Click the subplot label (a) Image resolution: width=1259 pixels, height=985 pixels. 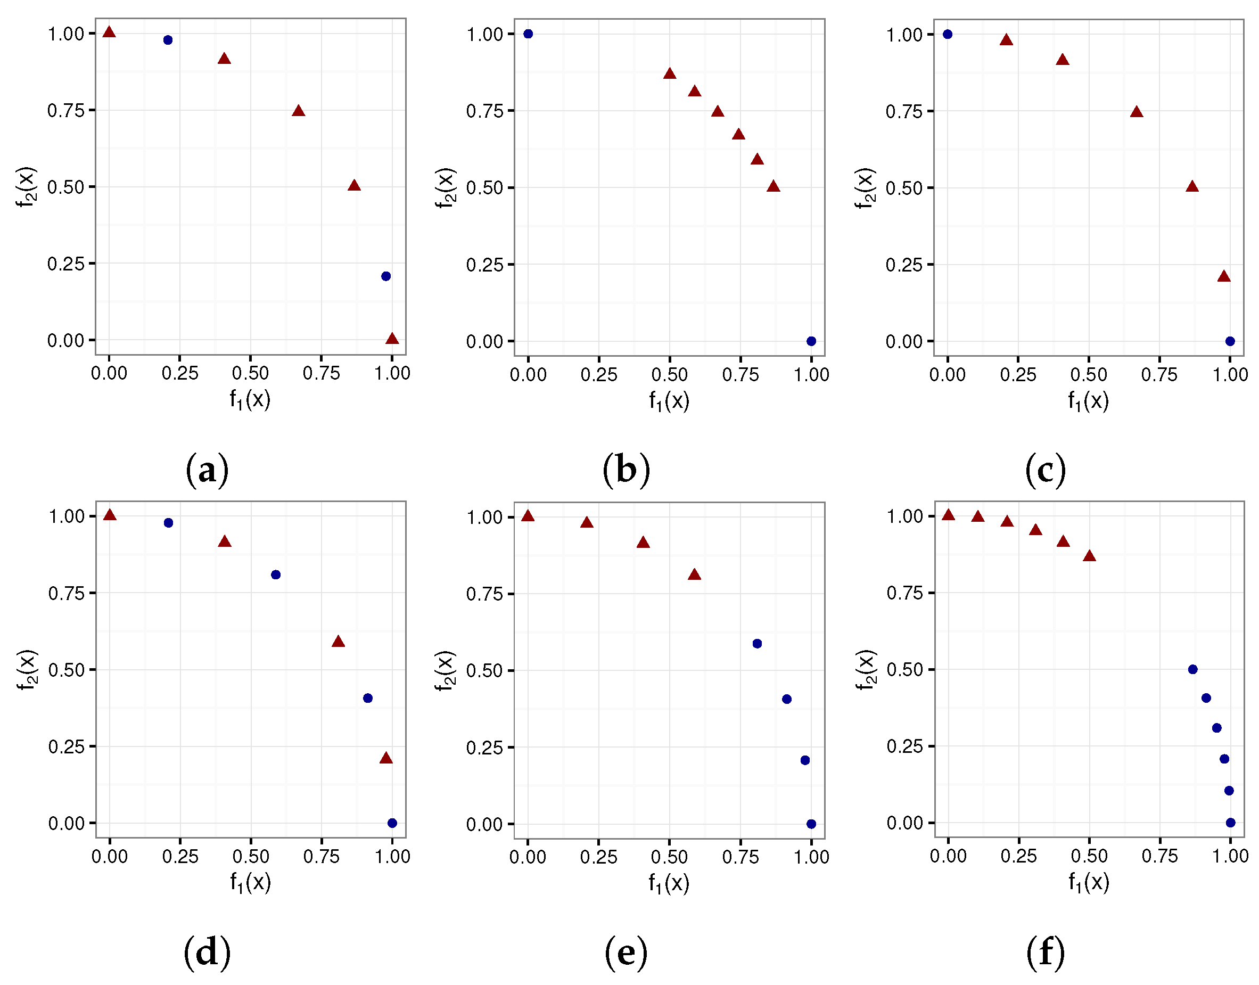(x=207, y=470)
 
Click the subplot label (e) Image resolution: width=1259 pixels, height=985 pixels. (x=626, y=952)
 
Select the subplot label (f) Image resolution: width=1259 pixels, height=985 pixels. (x=1044, y=952)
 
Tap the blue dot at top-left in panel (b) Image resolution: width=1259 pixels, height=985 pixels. (x=528, y=34)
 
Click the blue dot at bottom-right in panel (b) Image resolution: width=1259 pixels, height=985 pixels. (x=811, y=341)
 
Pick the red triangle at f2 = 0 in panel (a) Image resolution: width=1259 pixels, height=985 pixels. (x=392, y=339)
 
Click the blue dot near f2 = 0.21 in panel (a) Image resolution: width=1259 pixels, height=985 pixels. (x=386, y=276)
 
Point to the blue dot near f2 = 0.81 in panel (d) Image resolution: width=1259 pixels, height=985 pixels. (x=276, y=575)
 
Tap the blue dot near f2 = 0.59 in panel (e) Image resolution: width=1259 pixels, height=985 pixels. (x=758, y=644)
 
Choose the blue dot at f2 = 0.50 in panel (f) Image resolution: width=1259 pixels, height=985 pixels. (x=1192, y=670)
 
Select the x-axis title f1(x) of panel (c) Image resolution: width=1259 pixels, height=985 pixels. (x=1088, y=400)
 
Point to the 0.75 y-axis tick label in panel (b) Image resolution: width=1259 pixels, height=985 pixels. (x=484, y=111)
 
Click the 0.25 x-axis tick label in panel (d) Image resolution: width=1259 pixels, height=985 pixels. (x=180, y=856)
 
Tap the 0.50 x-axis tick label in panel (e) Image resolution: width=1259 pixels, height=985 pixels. (x=669, y=857)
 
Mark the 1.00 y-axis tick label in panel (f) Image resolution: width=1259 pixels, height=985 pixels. (x=904, y=516)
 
